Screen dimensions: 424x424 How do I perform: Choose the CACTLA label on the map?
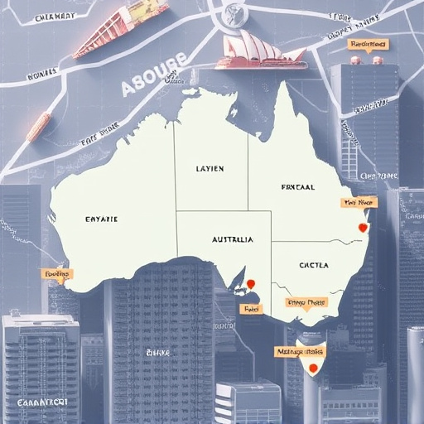tap(313, 265)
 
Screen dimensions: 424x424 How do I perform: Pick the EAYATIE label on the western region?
tap(101, 219)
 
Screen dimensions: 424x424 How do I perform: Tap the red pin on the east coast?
tap(361, 228)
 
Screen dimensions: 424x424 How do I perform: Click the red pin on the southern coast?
tap(251, 284)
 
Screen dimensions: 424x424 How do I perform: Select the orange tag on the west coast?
tap(57, 273)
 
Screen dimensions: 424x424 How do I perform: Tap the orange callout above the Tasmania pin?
tap(301, 352)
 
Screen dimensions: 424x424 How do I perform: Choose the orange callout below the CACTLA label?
tap(306, 303)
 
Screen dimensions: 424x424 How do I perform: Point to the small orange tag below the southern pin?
tap(248, 308)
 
